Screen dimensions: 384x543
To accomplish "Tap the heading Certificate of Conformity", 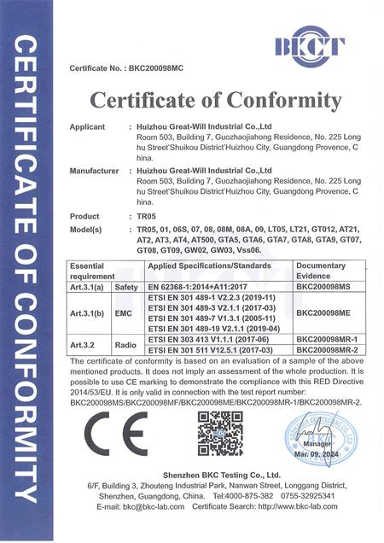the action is [x=216, y=101].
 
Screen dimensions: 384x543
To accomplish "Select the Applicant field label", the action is [x=89, y=125].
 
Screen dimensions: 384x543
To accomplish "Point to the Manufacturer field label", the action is [x=94, y=171].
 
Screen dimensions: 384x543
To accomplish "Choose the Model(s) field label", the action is [x=85, y=230].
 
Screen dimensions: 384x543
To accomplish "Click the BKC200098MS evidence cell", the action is [x=323, y=288].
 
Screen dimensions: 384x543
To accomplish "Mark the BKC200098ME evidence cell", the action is [x=323, y=312].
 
